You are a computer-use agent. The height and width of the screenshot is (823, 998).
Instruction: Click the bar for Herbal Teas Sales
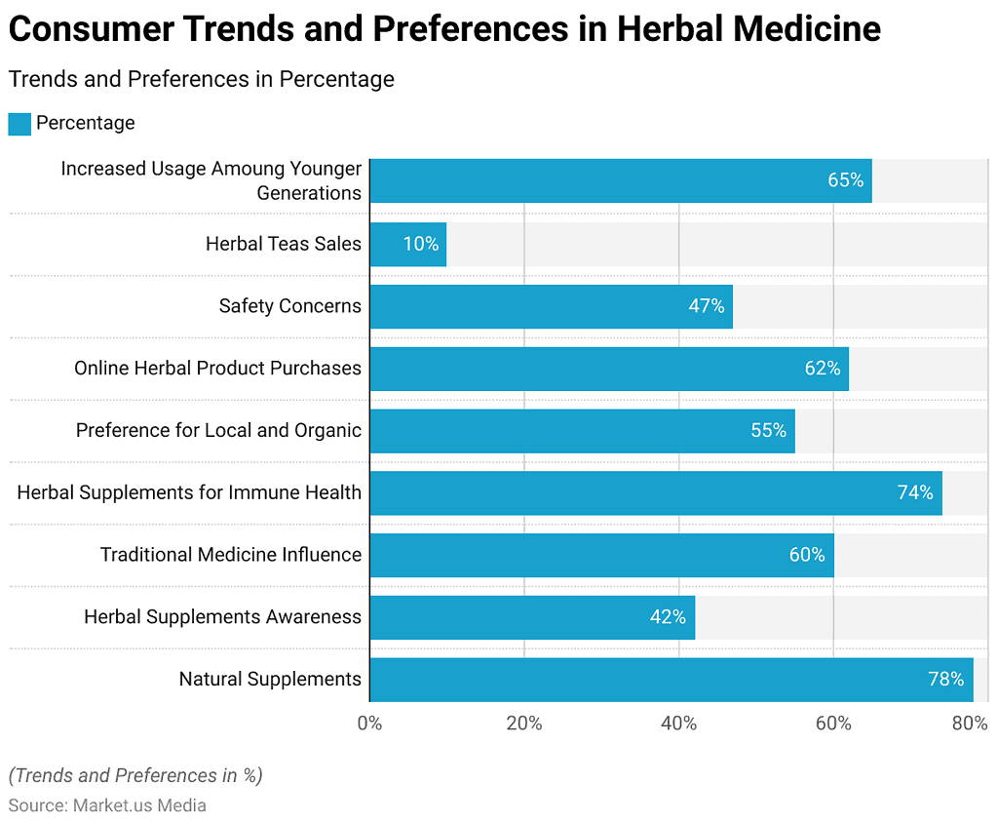pos(407,244)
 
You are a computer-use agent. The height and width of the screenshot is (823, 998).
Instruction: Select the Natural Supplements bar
pos(671,680)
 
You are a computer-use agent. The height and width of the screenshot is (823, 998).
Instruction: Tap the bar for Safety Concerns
pos(551,306)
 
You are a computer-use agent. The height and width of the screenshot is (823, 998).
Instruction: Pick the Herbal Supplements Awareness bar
pos(531,617)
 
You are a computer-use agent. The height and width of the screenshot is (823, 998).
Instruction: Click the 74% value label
pos(915,492)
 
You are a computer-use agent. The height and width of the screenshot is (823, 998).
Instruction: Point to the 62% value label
pos(822,368)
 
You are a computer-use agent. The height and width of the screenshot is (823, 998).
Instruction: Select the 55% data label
pos(768,430)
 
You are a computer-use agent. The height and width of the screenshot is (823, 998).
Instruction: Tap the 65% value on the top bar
pos(845,180)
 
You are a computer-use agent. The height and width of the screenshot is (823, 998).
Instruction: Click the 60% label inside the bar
pos(807,555)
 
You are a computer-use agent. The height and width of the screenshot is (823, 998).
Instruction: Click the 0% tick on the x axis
pos(369,724)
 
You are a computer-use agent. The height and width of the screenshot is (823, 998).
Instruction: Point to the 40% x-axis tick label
pos(678,724)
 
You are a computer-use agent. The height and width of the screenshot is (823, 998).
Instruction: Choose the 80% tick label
pos(970,724)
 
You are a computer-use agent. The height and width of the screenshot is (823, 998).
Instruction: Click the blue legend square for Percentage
pos(19,124)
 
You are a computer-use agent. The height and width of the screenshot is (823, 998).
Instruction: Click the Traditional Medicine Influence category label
pos(231,555)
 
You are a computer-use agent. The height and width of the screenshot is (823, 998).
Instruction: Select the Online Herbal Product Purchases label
pos(217,368)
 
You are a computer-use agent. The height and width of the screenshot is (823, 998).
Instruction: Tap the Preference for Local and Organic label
pos(218,430)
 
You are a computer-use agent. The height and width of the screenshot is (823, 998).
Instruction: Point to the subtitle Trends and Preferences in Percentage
pos(202,79)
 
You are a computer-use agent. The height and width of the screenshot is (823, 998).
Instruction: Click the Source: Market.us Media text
pos(107,805)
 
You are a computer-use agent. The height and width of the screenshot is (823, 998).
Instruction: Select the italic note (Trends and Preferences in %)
pos(135,775)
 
